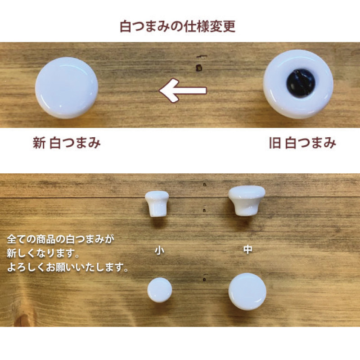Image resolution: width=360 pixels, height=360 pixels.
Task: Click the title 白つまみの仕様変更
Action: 177,27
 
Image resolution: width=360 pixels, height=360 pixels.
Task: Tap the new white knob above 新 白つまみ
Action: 67,88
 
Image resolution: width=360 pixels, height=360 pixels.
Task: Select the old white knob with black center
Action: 298,84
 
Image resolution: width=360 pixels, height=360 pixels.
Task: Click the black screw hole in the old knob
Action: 301,83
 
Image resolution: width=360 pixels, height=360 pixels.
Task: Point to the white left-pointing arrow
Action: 183,90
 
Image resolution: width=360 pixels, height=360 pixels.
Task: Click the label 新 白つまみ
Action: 67,143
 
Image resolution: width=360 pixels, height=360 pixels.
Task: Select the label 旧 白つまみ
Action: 302,143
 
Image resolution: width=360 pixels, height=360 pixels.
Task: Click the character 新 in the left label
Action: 39,143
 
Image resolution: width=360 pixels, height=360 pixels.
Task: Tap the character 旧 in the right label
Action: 275,143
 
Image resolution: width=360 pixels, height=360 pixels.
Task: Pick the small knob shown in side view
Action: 157,204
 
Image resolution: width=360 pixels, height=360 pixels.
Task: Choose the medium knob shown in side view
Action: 247,201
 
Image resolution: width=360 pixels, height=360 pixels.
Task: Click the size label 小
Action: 159,250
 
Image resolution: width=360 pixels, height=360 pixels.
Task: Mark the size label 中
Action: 248,249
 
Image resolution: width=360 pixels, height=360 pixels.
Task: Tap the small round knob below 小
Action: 160,290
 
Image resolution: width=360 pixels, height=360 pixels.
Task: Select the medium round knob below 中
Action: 247,292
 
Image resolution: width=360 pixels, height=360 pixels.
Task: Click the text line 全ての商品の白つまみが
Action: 61,239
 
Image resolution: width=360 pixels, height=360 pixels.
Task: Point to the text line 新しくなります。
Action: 43,253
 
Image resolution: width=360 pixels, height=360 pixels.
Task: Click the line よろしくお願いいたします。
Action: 67,267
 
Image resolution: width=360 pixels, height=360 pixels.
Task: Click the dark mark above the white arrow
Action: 199,68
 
